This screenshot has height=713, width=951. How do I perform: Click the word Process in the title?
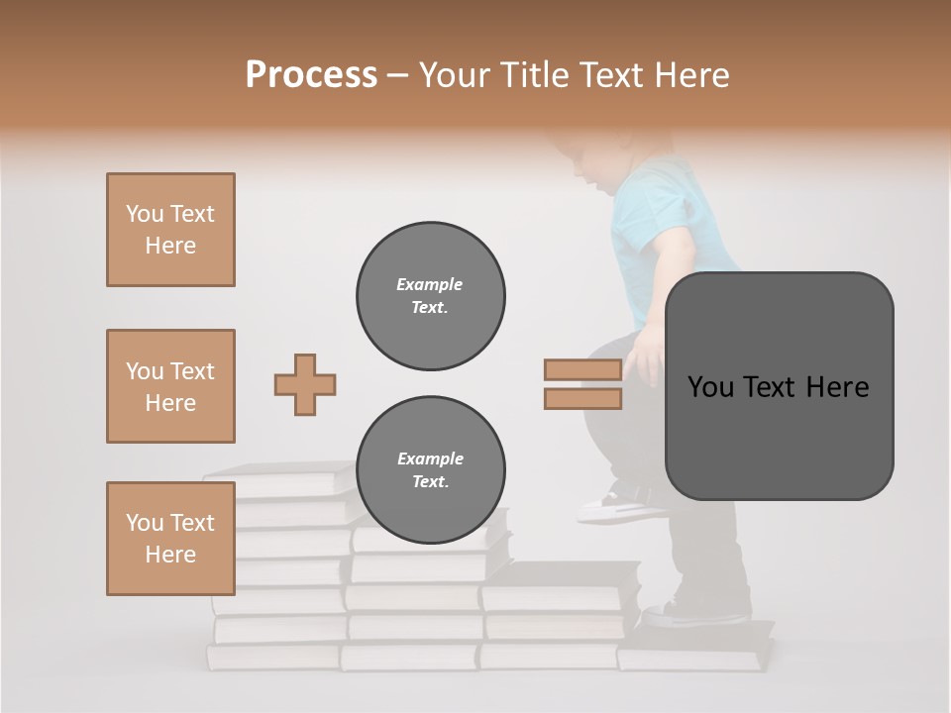[x=311, y=75]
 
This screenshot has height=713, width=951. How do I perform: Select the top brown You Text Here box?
[x=170, y=230]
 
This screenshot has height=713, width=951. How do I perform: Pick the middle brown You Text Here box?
[x=170, y=386]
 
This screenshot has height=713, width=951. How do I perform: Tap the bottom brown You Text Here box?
[x=170, y=539]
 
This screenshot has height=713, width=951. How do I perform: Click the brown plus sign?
[x=305, y=384]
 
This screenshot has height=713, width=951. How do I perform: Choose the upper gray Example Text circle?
[x=431, y=296]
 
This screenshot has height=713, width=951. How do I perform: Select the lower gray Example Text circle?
[x=431, y=470]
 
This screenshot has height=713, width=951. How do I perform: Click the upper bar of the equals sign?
[x=582, y=370]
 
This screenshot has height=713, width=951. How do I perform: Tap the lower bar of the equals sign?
[x=582, y=399]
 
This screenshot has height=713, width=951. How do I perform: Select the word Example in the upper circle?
[x=430, y=284]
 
